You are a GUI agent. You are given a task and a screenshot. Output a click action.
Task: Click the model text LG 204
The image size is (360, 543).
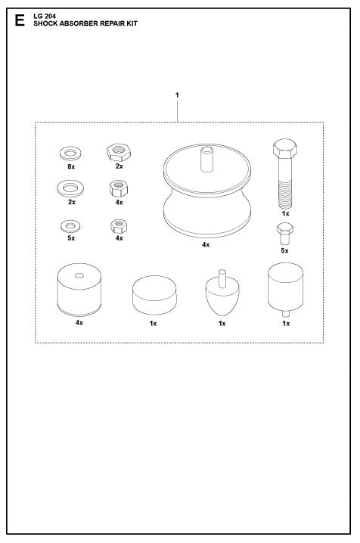click(46, 16)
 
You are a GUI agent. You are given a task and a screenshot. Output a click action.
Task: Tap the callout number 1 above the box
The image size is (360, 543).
click(177, 95)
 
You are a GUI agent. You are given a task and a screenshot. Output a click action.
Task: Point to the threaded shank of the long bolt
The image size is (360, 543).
click(284, 191)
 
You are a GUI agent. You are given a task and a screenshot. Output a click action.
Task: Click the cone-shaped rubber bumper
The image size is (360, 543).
click(222, 298)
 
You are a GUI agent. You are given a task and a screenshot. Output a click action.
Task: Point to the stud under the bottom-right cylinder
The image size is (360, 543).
click(285, 313)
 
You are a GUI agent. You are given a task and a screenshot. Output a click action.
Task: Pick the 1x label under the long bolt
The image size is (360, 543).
click(285, 214)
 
